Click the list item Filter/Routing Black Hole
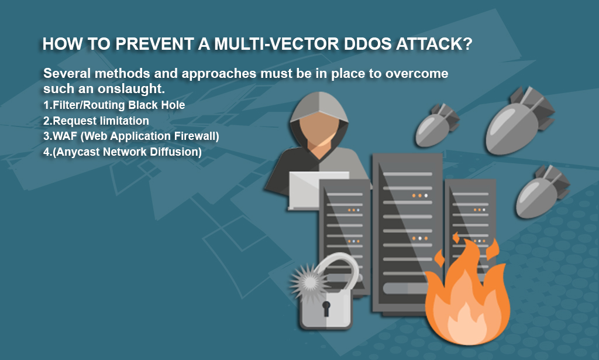click(114, 105)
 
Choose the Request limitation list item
click(96, 121)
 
